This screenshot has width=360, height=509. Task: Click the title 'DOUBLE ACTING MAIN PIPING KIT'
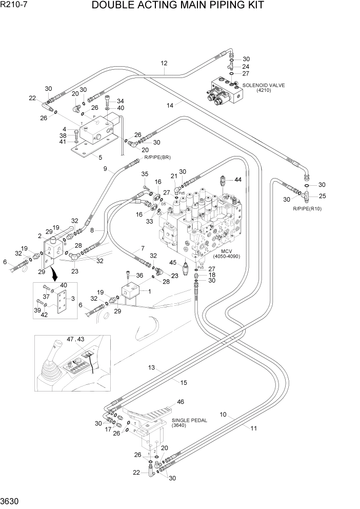tap(178, 6)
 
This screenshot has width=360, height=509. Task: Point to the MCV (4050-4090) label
tap(227, 253)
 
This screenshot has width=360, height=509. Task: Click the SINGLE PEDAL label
tap(189, 423)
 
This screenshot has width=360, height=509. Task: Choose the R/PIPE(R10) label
tap(307, 209)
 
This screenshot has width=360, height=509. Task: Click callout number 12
tap(164, 64)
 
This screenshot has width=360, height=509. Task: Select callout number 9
tap(105, 169)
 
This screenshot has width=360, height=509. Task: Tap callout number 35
tap(145, 173)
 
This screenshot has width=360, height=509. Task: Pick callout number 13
tap(152, 367)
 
